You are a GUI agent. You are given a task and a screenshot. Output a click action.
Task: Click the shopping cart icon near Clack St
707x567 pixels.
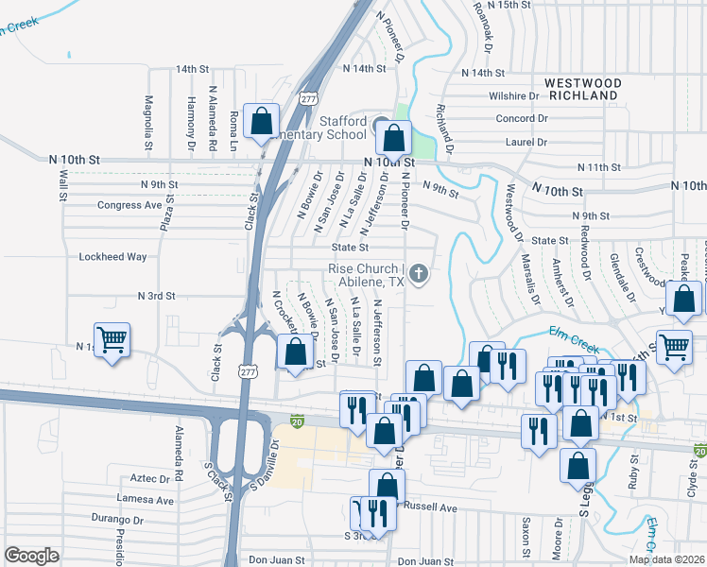(x=112, y=340)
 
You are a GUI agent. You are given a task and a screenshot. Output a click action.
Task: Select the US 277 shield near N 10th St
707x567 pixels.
(x=307, y=98)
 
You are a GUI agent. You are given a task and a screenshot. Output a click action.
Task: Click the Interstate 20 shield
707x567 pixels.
(x=298, y=419)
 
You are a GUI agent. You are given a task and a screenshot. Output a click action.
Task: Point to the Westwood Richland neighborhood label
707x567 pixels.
(x=583, y=90)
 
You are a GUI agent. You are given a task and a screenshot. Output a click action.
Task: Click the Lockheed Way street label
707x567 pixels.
(x=112, y=256)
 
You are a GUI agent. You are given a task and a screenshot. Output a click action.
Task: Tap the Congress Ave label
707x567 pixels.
(x=129, y=205)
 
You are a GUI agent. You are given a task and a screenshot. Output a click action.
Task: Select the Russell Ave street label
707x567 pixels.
(x=431, y=507)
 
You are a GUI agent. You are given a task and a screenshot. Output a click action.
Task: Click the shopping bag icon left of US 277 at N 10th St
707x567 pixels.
(x=262, y=122)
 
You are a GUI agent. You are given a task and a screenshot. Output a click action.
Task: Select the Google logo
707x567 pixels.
(x=31, y=556)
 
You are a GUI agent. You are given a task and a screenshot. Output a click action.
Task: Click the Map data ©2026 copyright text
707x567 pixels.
(x=666, y=559)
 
